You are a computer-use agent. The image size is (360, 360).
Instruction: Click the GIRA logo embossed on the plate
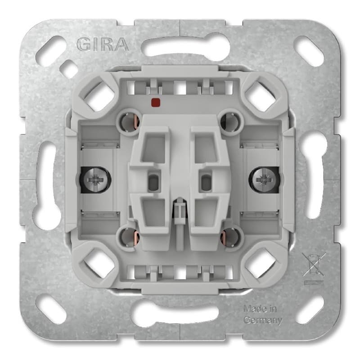point(103,44)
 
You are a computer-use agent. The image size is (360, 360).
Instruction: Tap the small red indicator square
point(156,102)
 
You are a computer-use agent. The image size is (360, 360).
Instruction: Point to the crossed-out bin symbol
point(314,265)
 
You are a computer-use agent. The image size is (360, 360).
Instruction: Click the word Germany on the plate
point(263,320)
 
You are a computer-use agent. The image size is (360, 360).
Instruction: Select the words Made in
point(260,309)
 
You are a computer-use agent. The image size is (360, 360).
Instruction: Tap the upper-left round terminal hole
point(130,121)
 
